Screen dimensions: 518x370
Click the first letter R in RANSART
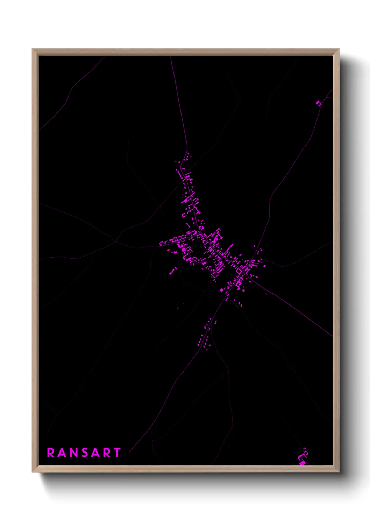tap(51, 453)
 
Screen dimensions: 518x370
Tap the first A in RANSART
tap(62, 453)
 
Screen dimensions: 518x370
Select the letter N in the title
tap(73, 453)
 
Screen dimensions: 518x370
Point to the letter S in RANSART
tap(84, 453)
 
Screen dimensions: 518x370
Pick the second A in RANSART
tap(94, 453)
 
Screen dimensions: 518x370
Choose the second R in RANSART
tap(106, 453)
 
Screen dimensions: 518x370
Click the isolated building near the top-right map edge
tap(318, 103)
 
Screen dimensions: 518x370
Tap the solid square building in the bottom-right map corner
tap(302, 463)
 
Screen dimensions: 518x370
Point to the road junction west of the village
tap(115, 241)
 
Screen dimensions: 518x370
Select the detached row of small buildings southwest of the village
tap(173, 271)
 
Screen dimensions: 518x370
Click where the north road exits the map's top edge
tap(170, 56)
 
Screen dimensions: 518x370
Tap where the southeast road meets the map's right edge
tap(332, 336)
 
